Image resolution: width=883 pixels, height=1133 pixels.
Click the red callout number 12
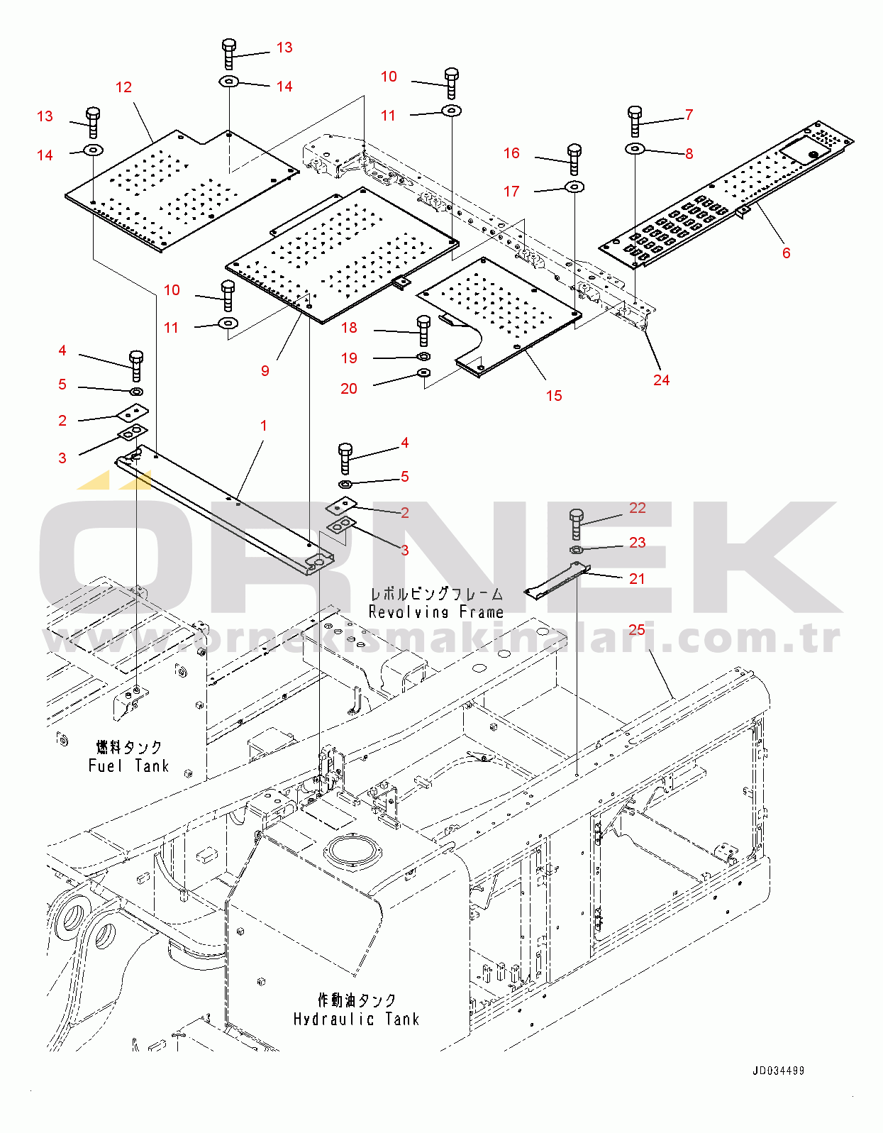(123, 87)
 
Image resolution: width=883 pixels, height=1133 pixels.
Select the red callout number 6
(786, 253)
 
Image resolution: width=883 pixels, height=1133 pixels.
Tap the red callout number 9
(265, 371)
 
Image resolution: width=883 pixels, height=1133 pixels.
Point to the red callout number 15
(554, 396)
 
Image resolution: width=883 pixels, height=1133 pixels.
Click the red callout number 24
(662, 380)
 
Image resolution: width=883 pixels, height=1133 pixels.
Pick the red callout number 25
(637, 630)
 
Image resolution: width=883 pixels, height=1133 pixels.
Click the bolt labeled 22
(576, 524)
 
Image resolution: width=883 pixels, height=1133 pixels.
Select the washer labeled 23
(576, 550)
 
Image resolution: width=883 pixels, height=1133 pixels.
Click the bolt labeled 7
(635, 121)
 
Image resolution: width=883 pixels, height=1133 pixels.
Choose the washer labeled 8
(635, 149)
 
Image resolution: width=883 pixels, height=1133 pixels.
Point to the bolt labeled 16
(574, 160)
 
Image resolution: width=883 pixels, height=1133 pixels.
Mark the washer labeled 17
(574, 186)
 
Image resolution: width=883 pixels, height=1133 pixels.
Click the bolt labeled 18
(423, 331)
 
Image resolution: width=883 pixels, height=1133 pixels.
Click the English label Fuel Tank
(129, 766)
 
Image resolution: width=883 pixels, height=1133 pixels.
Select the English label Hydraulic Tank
(357, 1019)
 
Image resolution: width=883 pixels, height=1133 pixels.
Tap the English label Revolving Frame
(436, 612)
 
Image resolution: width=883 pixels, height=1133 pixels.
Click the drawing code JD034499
(778, 1071)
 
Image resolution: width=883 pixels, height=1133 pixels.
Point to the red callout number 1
(264, 426)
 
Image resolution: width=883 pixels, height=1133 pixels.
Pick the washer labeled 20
(424, 372)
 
